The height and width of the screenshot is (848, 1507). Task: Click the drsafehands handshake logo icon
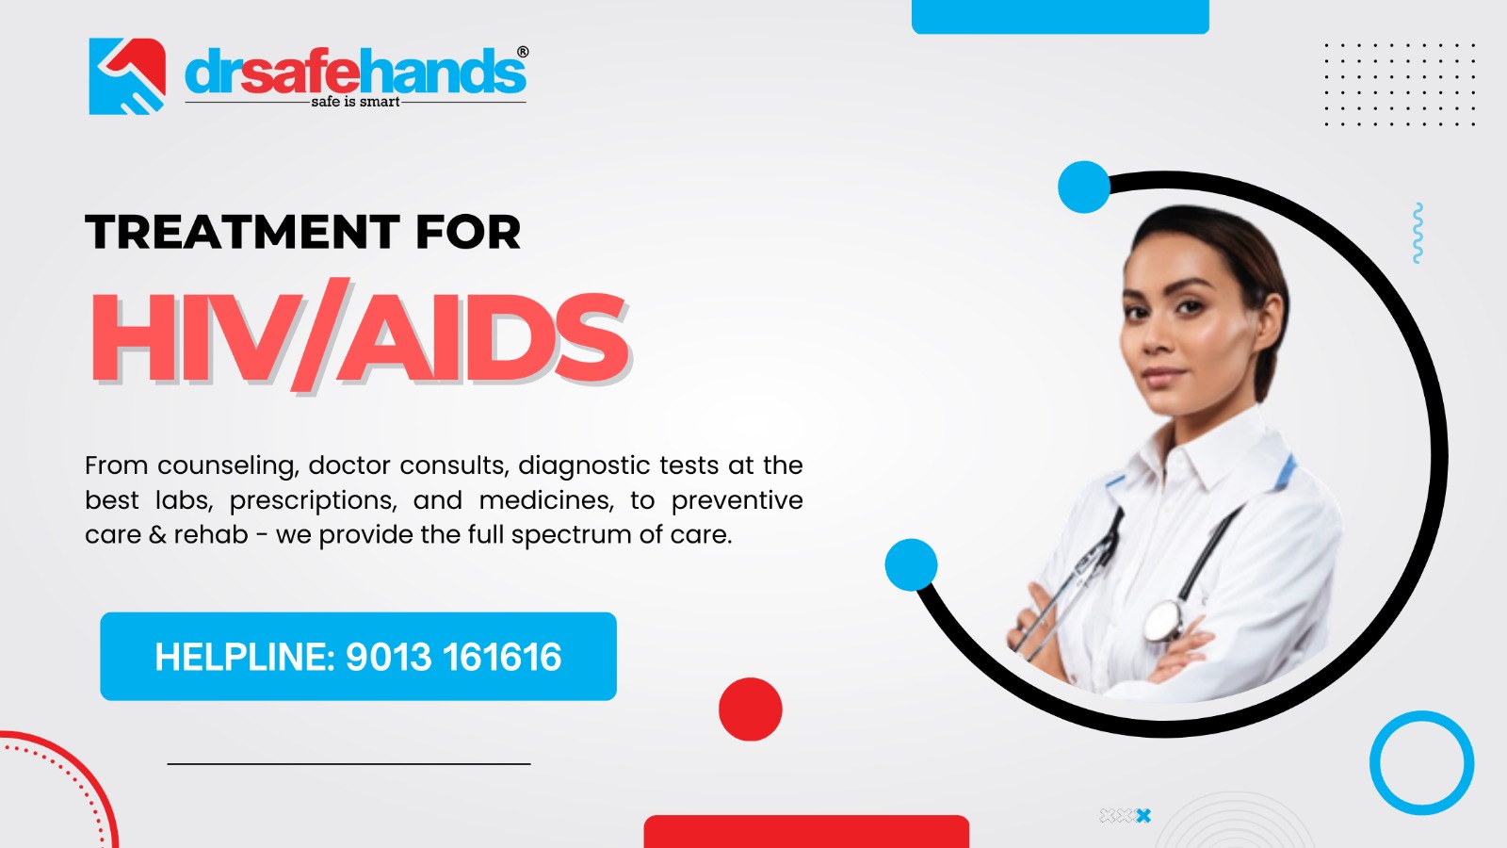(x=127, y=76)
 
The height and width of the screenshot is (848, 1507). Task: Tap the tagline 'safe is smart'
(x=355, y=102)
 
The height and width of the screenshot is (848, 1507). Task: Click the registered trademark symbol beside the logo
(x=523, y=53)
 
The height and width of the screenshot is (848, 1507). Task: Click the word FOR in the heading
(x=467, y=232)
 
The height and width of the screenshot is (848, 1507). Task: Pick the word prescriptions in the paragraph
(x=313, y=500)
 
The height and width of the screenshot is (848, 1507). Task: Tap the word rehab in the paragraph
(x=211, y=535)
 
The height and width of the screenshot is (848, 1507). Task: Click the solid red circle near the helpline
(x=750, y=709)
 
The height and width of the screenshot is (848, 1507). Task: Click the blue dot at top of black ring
(x=1084, y=187)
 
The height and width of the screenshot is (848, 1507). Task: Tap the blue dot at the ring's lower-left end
(x=911, y=565)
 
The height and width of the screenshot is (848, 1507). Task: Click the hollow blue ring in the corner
(x=1421, y=762)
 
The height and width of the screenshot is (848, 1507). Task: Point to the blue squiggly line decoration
(x=1418, y=233)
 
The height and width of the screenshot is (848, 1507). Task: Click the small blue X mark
(x=1143, y=816)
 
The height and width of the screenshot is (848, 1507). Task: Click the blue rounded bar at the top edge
(x=1060, y=16)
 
